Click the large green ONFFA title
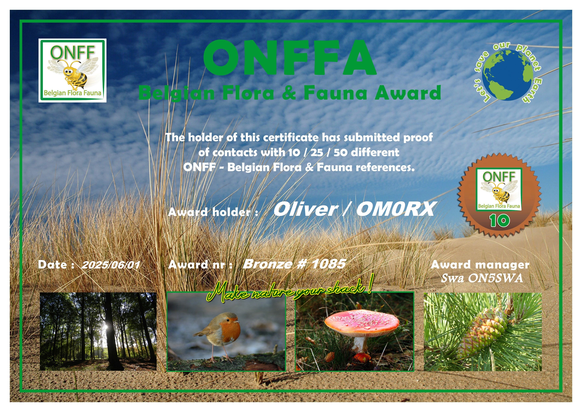pos(290,58)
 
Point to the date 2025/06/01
pos(110,265)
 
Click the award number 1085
pos(328,264)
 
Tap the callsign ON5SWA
pos(496,278)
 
